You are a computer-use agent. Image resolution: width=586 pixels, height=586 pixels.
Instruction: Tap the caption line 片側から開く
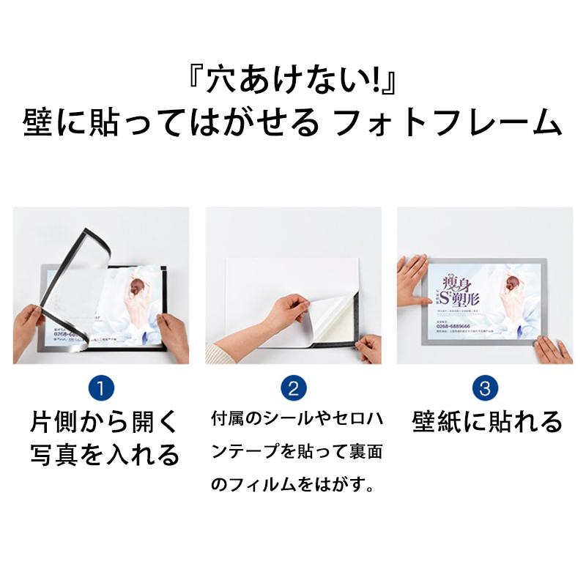103,423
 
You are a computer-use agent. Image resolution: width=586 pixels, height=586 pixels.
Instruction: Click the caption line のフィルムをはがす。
293,484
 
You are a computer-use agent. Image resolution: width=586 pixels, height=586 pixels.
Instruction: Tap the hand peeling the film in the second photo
286,313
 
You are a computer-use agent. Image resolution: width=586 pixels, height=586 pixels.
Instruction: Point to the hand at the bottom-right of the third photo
553,349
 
